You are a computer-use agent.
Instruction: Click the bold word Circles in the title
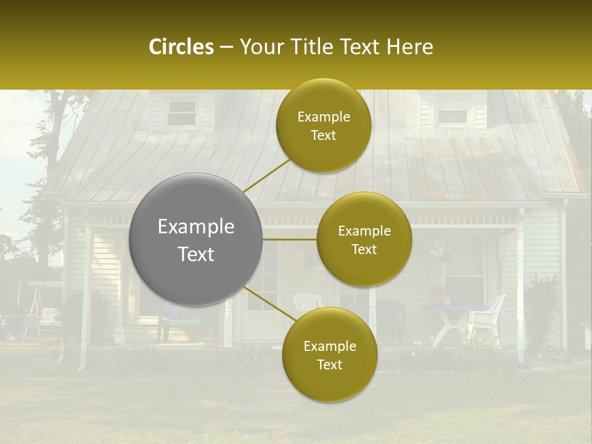point(181,47)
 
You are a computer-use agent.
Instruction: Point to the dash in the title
point(226,47)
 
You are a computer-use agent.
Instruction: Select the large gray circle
point(195,239)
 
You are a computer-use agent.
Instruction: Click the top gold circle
point(323,126)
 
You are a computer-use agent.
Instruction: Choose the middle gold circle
point(364,239)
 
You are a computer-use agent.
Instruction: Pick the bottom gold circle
point(329,355)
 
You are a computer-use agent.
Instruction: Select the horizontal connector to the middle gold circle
point(289,239)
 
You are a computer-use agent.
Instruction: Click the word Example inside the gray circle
point(195,227)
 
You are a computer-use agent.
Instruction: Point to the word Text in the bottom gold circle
point(329,364)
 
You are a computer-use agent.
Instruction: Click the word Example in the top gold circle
point(323,117)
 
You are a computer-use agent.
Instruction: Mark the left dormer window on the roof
point(182,113)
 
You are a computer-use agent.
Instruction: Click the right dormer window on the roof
point(452,110)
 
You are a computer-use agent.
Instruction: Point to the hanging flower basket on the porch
point(439,250)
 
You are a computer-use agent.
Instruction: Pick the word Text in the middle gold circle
point(364,249)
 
